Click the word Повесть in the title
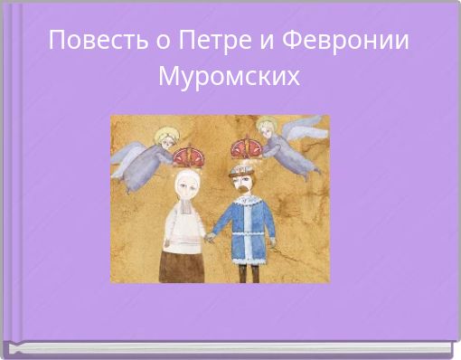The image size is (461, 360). coord(87,42)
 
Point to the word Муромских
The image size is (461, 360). coord(229,76)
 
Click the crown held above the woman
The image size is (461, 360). coord(187,156)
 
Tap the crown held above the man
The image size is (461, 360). coord(245,148)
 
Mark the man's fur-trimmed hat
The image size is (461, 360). coord(245,166)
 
